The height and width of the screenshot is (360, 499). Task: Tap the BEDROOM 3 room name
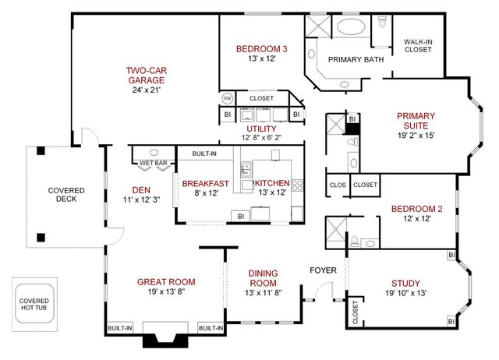(x=261, y=50)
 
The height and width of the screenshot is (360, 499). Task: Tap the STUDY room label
(x=403, y=283)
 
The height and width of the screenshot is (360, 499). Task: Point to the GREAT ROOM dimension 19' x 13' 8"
(x=165, y=292)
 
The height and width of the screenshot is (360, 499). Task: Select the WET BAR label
(x=153, y=163)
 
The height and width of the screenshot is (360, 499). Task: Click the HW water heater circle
(x=228, y=98)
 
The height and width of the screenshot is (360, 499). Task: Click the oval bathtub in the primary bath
(x=355, y=29)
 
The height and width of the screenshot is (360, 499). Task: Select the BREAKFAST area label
(x=205, y=184)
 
